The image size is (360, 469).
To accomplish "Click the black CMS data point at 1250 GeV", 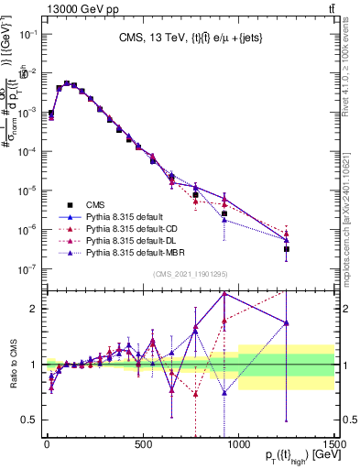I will (x=287, y=248).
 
